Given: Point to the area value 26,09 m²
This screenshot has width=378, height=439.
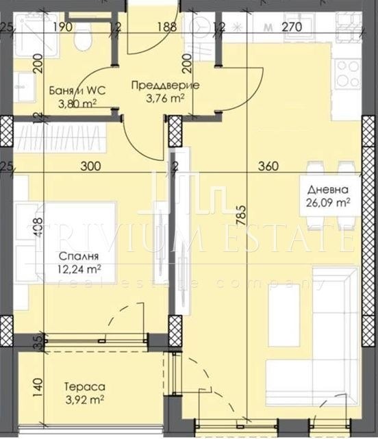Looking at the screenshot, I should tap(329, 203).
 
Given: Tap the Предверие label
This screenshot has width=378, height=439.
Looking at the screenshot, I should tap(157, 86).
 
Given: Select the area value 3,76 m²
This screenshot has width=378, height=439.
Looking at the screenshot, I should tap(157, 97).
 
